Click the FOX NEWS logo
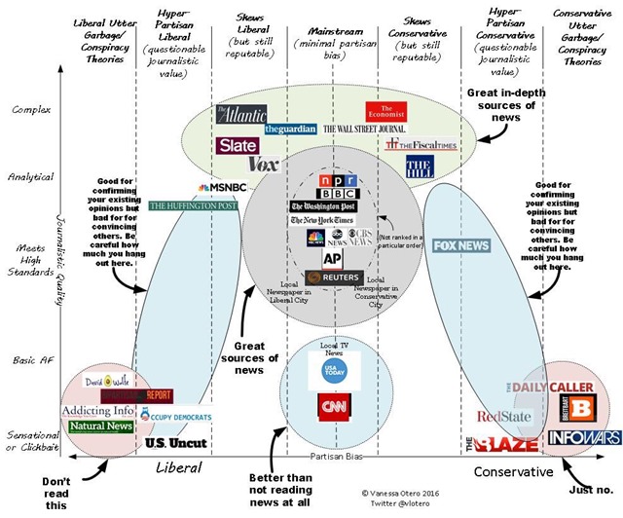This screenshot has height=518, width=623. coord(460,246)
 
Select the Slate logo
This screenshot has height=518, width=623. coord(237,146)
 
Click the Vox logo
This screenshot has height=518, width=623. coord(265,164)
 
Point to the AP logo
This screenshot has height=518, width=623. coord(332,258)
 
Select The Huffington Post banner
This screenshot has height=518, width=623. coord(194,206)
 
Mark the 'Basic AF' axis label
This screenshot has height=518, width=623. coord(29,360)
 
